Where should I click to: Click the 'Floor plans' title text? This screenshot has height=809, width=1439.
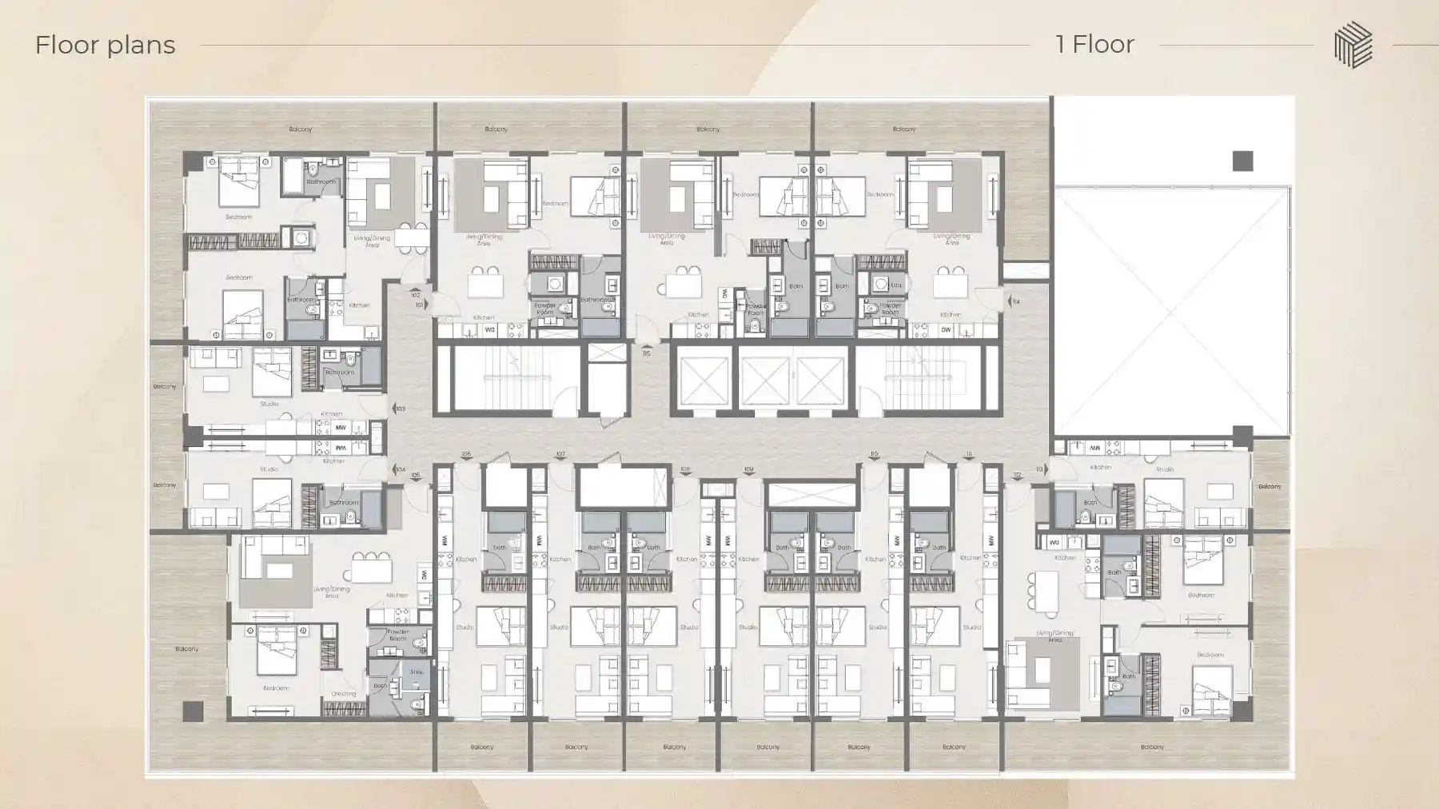105,45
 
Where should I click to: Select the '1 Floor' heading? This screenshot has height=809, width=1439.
1094,44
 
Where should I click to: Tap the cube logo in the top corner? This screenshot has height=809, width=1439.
1353,45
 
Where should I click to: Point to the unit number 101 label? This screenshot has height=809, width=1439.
420,305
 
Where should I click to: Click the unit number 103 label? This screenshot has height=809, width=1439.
401,408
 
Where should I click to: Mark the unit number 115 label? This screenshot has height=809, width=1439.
646,353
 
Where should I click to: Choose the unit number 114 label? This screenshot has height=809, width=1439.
1016,302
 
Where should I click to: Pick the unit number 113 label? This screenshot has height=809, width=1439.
1039,469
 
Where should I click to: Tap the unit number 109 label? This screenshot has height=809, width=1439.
749,469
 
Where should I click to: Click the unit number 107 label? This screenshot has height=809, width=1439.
560,454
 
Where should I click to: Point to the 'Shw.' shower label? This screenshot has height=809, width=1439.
416,672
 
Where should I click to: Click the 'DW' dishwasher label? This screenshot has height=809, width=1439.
947,329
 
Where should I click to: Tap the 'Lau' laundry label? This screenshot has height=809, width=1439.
897,285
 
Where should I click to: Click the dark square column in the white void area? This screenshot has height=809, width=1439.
1242,161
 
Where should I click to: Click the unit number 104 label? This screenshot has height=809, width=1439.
401,470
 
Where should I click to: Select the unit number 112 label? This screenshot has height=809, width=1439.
1017,476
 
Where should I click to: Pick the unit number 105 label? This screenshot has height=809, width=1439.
416,476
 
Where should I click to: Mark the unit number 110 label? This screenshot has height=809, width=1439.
874,454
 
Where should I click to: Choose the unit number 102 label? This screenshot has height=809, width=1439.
416,295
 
